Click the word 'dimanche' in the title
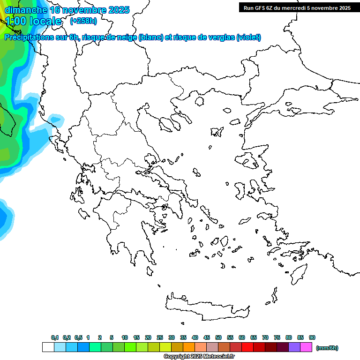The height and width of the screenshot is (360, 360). tap(26, 10)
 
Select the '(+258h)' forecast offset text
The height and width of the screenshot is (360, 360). tap(83, 21)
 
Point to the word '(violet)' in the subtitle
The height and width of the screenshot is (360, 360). tap(249, 37)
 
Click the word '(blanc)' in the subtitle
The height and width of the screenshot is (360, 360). tap(151, 37)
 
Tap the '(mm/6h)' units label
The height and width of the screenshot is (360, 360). tap(327, 348)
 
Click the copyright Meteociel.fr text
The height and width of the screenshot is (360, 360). tap(199, 357)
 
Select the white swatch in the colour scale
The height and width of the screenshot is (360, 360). tap(48, 347)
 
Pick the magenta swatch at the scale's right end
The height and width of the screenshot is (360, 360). tap(306, 347)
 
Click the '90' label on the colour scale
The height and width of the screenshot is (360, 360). tap(312, 337)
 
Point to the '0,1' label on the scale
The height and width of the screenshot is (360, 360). tap(55, 337)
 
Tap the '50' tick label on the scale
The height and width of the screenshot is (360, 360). tap(218, 337)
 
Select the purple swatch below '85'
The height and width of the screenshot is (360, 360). tap(294, 347)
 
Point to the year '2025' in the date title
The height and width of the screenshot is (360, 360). tap(117, 10)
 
